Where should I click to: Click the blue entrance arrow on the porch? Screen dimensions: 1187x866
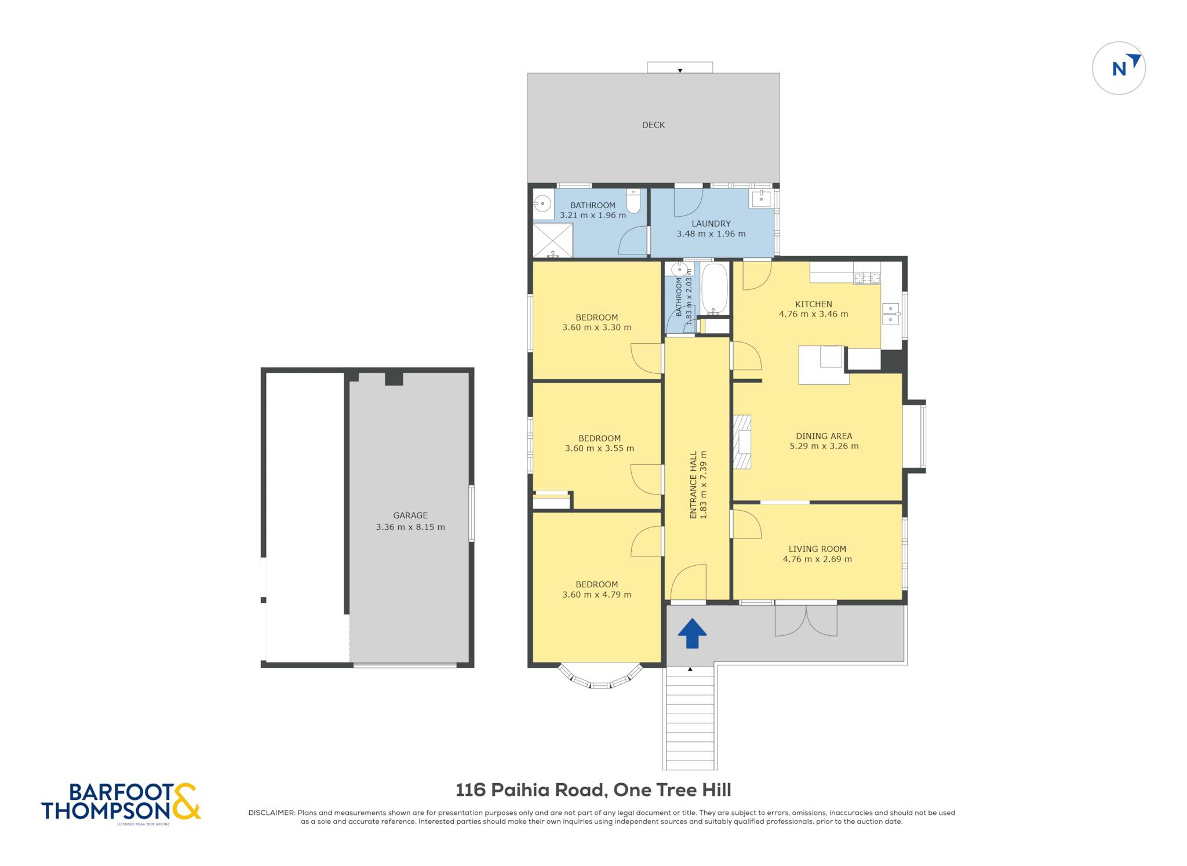(x=692, y=633)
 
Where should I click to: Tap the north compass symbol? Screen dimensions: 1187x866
(x=1119, y=68)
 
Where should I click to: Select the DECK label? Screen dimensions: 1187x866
(x=653, y=125)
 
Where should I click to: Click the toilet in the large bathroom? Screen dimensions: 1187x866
(x=633, y=201)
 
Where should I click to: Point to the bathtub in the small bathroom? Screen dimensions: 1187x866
(x=715, y=289)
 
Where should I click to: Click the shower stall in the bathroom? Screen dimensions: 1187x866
(x=553, y=240)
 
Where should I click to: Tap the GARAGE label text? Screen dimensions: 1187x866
(x=410, y=515)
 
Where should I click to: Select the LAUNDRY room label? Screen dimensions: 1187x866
(x=711, y=224)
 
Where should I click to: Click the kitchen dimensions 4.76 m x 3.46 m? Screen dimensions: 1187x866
(x=813, y=314)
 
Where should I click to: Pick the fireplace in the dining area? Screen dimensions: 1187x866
(x=742, y=442)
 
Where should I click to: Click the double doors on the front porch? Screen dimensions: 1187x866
(x=806, y=620)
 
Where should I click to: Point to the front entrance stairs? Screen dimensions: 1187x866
(x=690, y=718)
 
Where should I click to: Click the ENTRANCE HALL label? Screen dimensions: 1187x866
(x=693, y=485)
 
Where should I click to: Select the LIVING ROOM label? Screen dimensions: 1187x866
(x=817, y=549)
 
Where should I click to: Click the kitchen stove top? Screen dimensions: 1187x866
(x=867, y=278)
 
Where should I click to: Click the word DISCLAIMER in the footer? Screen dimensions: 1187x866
(x=272, y=813)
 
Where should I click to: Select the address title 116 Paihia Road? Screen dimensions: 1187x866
(x=531, y=790)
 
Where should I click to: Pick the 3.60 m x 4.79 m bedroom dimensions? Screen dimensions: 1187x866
(x=597, y=595)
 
